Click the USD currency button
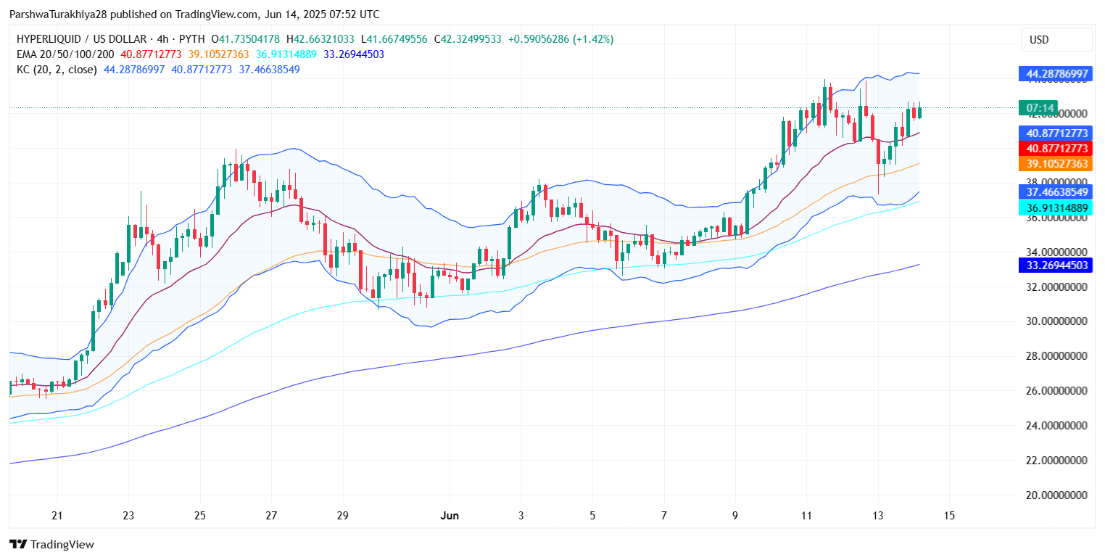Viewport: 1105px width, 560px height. pyautogui.click(x=1056, y=40)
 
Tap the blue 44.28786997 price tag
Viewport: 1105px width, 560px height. pyautogui.click(x=1055, y=74)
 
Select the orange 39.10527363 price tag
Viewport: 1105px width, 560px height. pyautogui.click(x=1055, y=164)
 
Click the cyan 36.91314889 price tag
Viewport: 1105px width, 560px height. pyautogui.click(x=1055, y=208)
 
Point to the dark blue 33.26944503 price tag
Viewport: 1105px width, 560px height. pyautogui.click(x=1055, y=265)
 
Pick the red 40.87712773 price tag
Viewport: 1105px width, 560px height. pyautogui.click(x=1055, y=149)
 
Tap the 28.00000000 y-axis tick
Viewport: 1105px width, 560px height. pyautogui.click(x=1055, y=356)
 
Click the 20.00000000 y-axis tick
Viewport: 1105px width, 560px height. pyautogui.click(x=1055, y=495)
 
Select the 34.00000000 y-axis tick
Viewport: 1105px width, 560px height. pyautogui.click(x=1055, y=252)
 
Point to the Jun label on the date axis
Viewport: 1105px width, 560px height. pyautogui.click(x=450, y=516)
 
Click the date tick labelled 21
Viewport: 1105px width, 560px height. pyautogui.click(x=57, y=516)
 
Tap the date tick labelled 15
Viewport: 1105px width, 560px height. pyautogui.click(x=949, y=516)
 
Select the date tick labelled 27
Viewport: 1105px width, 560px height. pyautogui.click(x=271, y=516)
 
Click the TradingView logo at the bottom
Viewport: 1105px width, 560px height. pyautogui.click(x=51, y=545)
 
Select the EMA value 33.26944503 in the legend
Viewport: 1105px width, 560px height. pyautogui.click(x=355, y=54)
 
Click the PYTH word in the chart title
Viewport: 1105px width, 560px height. pyautogui.click(x=191, y=39)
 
